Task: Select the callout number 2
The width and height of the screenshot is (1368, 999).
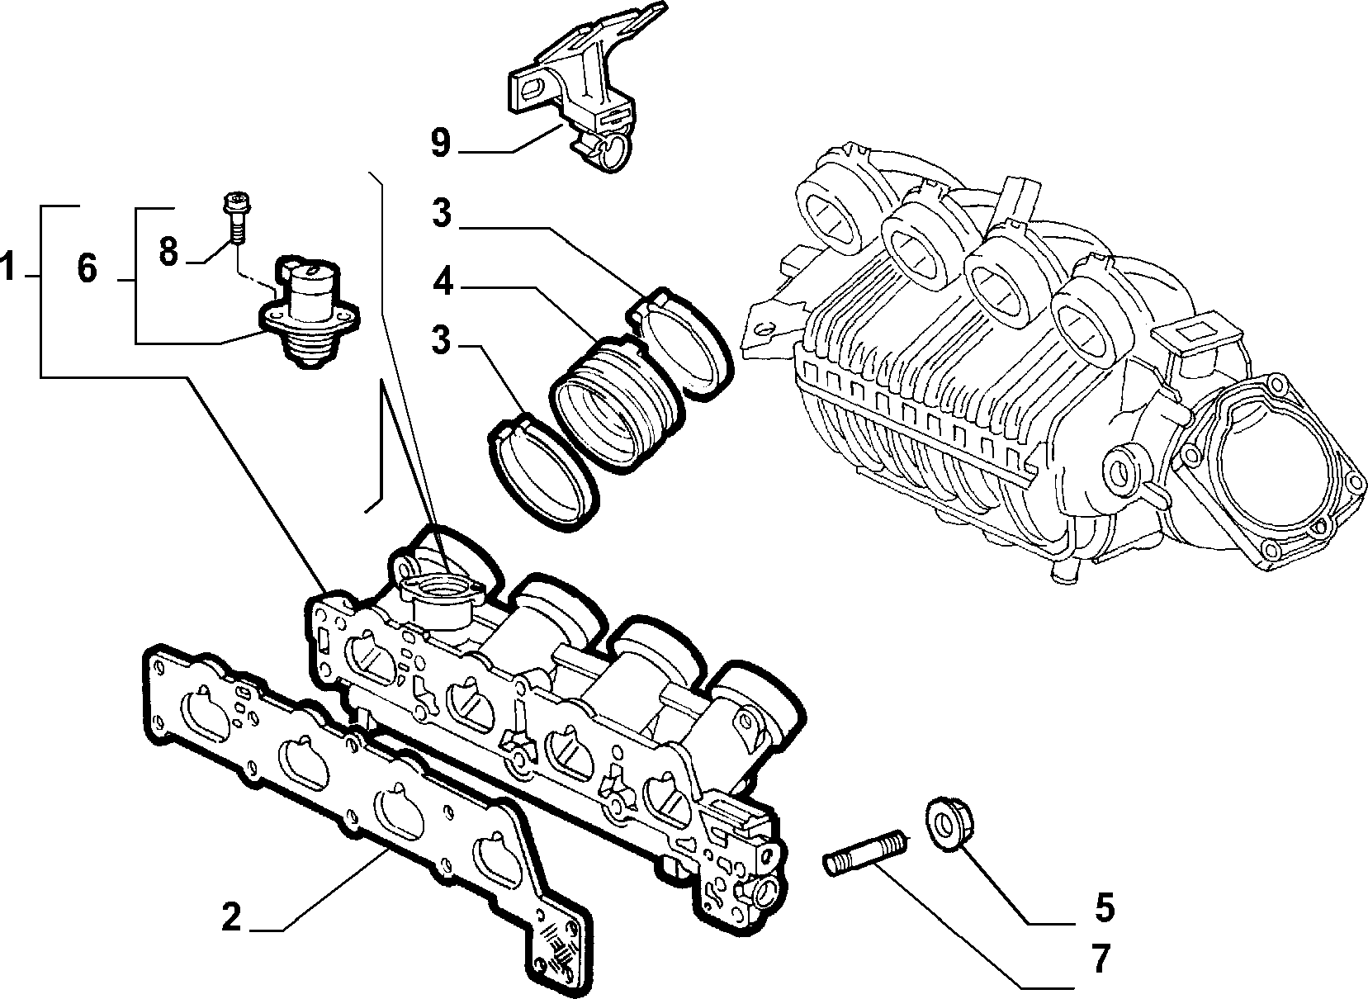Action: click(x=231, y=916)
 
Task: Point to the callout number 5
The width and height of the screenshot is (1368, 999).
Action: click(x=1104, y=907)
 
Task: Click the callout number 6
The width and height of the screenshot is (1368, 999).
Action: click(x=88, y=268)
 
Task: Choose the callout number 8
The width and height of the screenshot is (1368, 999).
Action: click(x=168, y=251)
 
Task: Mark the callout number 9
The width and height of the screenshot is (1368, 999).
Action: click(x=440, y=143)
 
